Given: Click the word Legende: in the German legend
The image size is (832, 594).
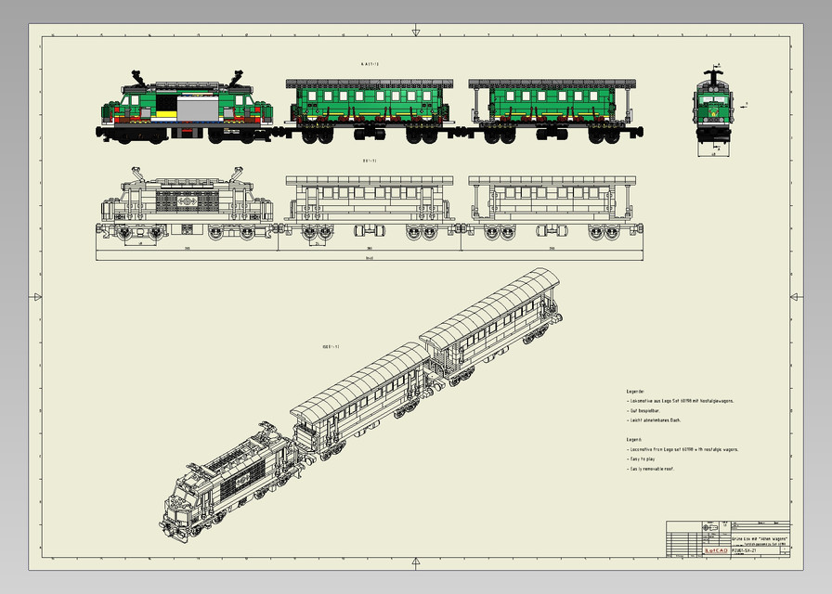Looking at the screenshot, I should click(635, 392).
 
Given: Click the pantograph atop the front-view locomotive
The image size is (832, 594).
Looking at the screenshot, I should click(715, 71).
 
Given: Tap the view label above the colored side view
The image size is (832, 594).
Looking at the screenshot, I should click(369, 64).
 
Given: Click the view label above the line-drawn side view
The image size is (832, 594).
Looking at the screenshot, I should click(369, 161).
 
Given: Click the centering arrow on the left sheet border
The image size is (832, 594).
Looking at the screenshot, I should click(36, 297).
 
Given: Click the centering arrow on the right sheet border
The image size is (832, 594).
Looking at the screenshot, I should click(795, 297).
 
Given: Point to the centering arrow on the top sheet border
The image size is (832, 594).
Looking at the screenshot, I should click(416, 32).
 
